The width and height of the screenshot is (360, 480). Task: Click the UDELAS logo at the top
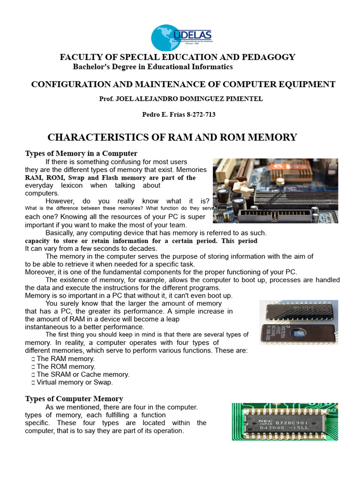pyautogui.click(x=181, y=37)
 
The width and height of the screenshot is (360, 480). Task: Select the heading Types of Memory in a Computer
pyautogui.click(x=81, y=153)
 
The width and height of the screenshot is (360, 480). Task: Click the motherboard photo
pyautogui.click(x=275, y=190)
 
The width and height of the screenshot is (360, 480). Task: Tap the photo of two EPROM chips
pyautogui.click(x=298, y=322)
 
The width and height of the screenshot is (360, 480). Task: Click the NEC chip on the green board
pyautogui.click(x=285, y=421)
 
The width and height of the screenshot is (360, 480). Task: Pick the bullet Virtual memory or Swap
pyautogui.click(x=75, y=382)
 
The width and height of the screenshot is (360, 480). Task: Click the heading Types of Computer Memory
pyautogui.click(x=74, y=399)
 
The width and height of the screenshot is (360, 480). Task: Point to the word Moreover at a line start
pyautogui.click(x=40, y=272)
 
